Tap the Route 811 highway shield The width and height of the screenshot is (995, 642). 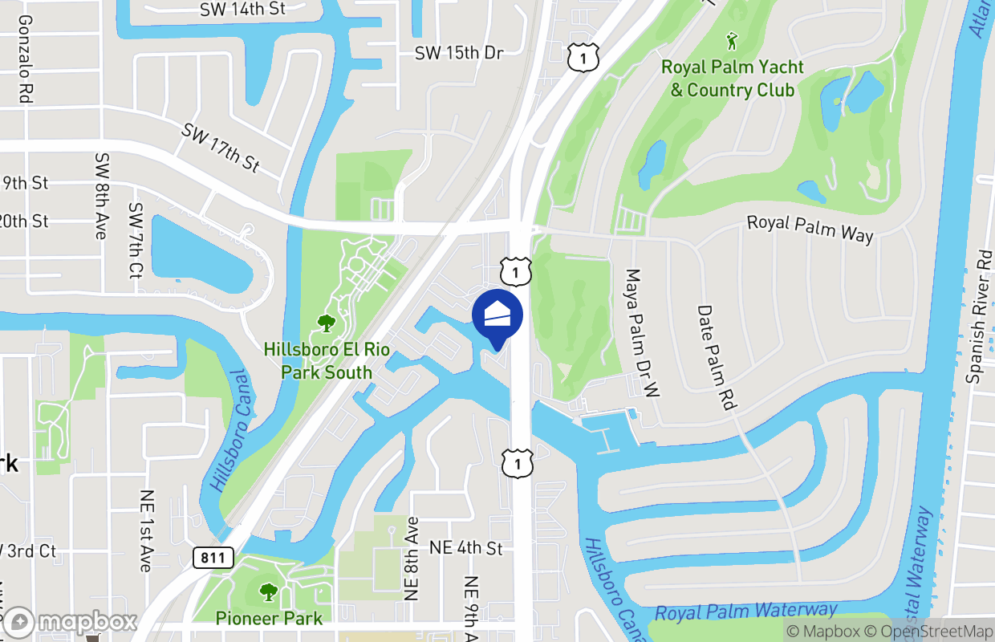(x=213, y=558)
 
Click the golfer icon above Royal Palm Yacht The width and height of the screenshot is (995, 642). (x=731, y=40)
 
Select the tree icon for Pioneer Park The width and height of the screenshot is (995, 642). (x=268, y=593)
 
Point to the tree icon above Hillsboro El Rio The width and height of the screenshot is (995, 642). (x=326, y=323)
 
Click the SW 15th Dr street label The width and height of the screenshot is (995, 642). (x=459, y=53)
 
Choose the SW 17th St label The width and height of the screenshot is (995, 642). (x=221, y=148)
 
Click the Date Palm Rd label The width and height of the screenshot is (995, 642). (x=717, y=357)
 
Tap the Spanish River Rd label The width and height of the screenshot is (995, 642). (x=980, y=316)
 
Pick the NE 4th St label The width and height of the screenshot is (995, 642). (x=466, y=547)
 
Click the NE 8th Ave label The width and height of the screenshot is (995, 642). (x=412, y=559)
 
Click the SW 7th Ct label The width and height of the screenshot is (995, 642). (x=135, y=241)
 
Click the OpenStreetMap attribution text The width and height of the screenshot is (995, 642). (x=935, y=632)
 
